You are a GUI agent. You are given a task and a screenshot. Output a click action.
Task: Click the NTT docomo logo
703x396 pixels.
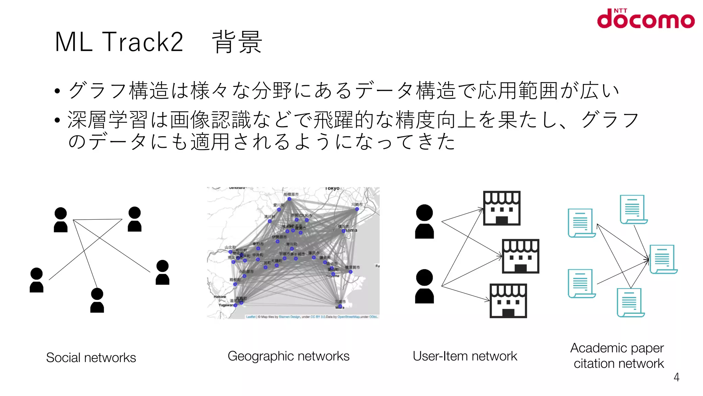(x=645, y=19)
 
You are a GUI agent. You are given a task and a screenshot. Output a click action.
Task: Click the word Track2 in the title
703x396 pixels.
(x=142, y=42)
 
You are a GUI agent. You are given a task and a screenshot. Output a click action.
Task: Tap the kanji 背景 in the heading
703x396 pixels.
(x=237, y=42)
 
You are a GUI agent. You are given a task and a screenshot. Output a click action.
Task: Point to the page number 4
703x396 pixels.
(x=676, y=377)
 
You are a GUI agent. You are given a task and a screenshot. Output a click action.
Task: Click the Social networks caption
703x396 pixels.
(x=91, y=357)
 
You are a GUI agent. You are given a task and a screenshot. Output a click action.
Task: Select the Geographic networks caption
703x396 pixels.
(x=288, y=356)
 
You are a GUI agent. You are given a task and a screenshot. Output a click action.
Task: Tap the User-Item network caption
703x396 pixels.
(x=465, y=356)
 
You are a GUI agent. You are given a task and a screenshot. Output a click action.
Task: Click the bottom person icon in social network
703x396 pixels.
(x=97, y=300)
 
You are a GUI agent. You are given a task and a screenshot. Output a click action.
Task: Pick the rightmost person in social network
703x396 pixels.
(x=162, y=272)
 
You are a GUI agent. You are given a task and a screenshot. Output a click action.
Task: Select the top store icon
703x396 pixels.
(x=502, y=208)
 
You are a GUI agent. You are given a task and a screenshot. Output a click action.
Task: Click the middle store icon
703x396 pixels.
(x=520, y=256)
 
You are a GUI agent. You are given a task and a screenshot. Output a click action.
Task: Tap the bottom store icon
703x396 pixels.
(x=508, y=301)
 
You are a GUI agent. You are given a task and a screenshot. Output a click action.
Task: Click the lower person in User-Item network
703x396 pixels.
(x=424, y=286)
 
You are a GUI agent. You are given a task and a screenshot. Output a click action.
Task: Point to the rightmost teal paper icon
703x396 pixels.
(x=663, y=259)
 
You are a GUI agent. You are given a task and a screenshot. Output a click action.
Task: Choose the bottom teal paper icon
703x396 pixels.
(x=630, y=302)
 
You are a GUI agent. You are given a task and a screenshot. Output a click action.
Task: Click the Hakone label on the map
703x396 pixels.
(x=220, y=297)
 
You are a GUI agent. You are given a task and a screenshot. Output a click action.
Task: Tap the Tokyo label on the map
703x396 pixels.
(x=332, y=188)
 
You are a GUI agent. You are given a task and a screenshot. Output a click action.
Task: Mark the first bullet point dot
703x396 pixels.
(x=57, y=91)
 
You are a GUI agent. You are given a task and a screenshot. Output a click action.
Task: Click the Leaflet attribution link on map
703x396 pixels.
(x=251, y=317)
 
